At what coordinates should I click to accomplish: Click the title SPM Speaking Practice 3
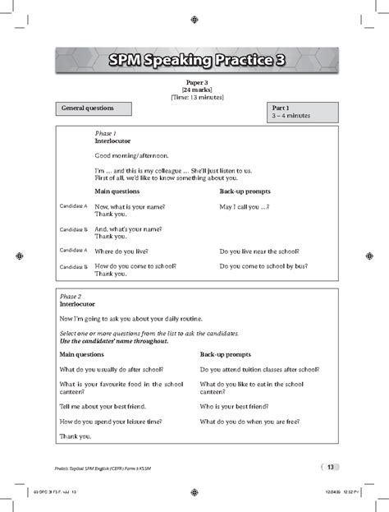194,60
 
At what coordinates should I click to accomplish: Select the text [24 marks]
194,90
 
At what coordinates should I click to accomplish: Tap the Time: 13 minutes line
194,97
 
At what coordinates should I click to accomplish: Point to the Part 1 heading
280,108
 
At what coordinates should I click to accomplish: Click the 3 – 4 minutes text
291,116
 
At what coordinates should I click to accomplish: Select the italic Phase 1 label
106,133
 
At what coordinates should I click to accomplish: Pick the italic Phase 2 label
71,296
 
